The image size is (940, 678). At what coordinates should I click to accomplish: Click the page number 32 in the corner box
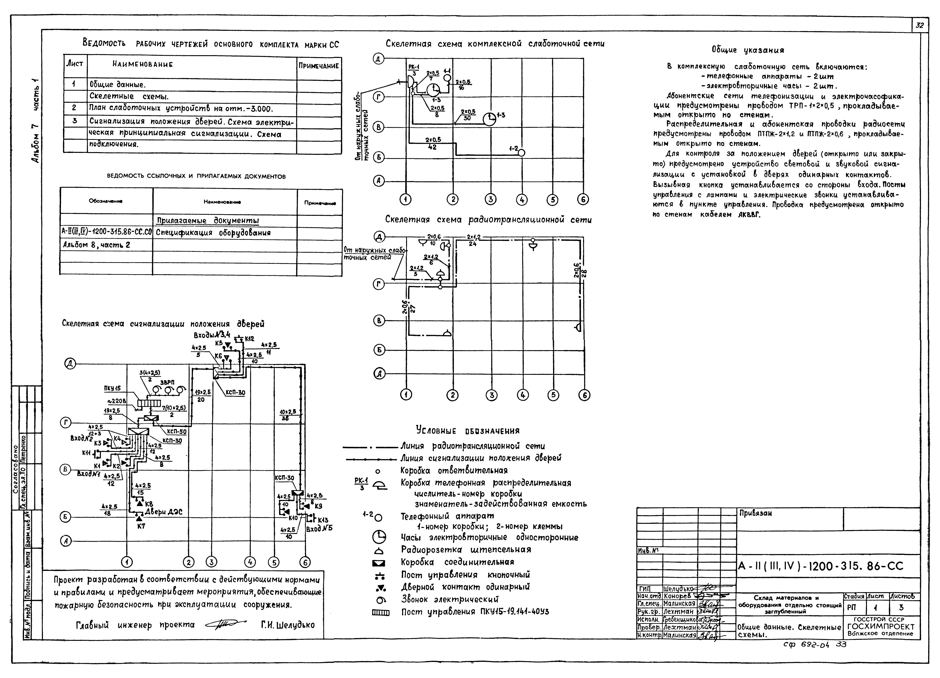920,25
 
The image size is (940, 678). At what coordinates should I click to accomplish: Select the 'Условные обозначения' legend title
467,431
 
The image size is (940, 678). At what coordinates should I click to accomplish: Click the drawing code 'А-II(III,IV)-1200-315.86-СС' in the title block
821,566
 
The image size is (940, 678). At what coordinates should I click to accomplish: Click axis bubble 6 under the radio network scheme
584,395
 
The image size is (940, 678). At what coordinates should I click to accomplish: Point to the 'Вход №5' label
319,529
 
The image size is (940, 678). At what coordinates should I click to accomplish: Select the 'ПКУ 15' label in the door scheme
112,388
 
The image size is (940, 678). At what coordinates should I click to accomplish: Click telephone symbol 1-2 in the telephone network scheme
521,153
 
